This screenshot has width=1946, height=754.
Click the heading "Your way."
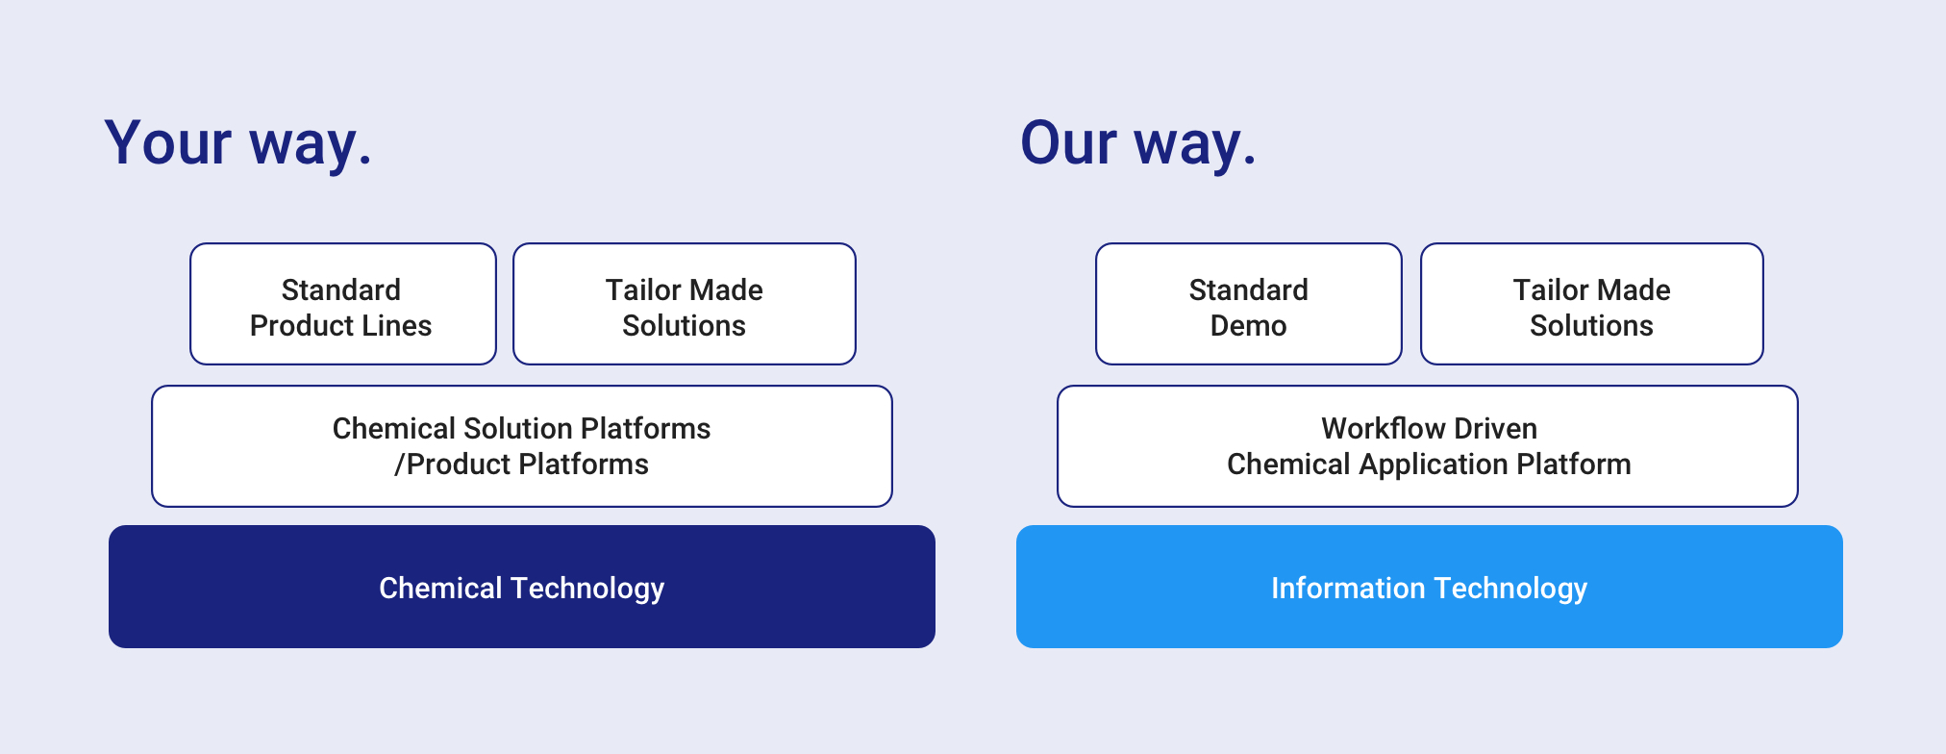[237, 143]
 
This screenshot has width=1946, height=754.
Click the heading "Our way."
[1138, 143]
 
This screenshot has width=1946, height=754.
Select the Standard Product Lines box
[343, 304]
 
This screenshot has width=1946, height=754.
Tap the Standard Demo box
[1249, 304]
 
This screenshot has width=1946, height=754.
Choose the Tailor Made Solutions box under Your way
[685, 304]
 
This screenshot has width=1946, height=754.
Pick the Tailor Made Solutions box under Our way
[1592, 304]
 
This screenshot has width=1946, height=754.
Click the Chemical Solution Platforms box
[522, 446]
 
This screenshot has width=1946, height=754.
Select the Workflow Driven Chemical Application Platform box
[1428, 446]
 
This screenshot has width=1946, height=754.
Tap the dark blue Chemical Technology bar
[522, 587]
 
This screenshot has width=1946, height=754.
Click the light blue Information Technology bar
[1430, 587]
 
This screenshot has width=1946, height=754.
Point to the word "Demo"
[1248, 326]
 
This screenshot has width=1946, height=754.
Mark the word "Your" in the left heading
[167, 143]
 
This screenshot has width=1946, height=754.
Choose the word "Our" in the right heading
[1069, 143]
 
